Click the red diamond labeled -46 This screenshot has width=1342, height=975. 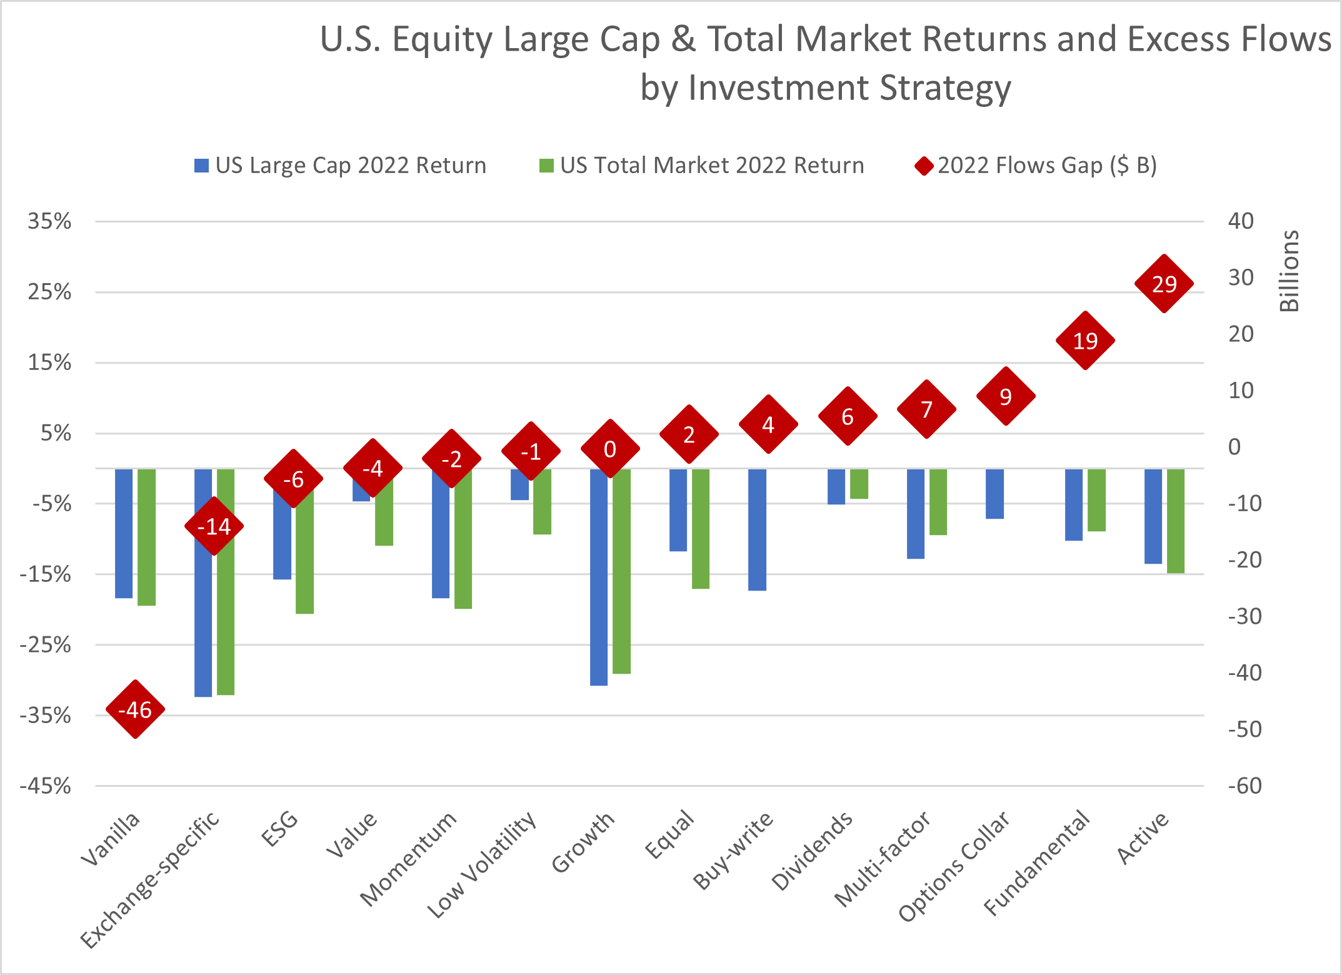pos(135,709)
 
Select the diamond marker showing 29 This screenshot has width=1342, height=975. pos(1164,284)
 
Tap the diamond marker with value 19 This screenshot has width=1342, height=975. pos(1085,341)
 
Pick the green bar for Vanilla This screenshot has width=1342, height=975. pos(146,537)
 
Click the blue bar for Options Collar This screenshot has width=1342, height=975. pos(994,494)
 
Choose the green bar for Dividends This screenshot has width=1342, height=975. pos(859,484)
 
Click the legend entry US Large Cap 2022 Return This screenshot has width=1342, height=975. pos(341,166)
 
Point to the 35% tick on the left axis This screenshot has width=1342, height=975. pos(49,221)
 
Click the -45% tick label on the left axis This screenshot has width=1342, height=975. pos(46,786)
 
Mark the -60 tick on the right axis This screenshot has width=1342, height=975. pos(1244,786)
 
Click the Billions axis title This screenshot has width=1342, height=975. pos(1289,271)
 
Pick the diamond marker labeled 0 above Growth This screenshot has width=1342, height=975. pos(610,449)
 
